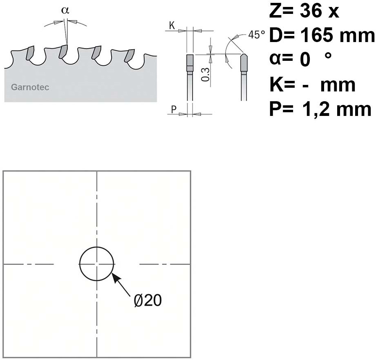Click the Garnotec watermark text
pos(30,87)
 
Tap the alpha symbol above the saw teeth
pos(65,10)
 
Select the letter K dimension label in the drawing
pos(172,25)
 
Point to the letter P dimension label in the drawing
pos(174,109)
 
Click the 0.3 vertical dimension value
pos(206,75)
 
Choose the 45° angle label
pos(257,35)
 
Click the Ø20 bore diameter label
pos(148,300)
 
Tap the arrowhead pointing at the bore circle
pos(116,278)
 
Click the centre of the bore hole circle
pos(96,264)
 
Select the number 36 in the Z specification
pos(311,11)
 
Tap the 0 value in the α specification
pos(305,60)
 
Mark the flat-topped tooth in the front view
pos(190,63)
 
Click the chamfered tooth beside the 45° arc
pos(244,62)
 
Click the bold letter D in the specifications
pos(275,36)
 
